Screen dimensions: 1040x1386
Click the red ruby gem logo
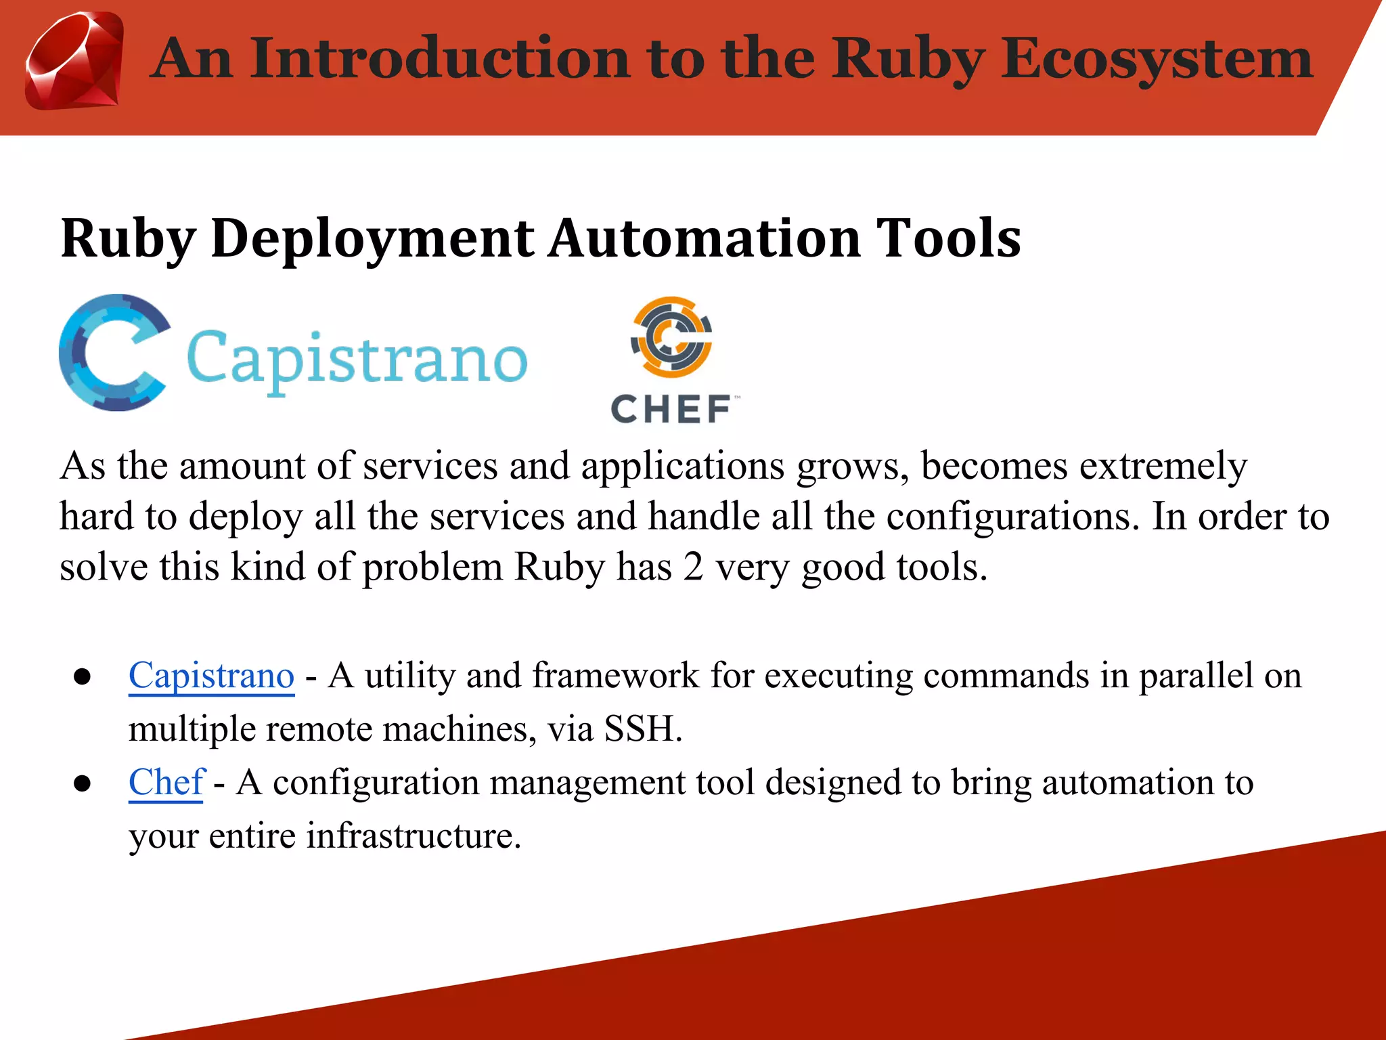[74, 61]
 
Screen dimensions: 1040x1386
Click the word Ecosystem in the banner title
[1157, 60]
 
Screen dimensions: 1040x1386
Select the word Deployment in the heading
[373, 240]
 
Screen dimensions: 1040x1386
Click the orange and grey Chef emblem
[671, 336]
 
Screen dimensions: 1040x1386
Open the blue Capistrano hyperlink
[211, 676]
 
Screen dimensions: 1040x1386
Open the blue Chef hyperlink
[166, 783]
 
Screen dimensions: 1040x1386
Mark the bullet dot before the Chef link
[83, 784]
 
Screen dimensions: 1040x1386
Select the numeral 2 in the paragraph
[693, 567]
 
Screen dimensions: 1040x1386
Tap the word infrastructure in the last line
[413, 836]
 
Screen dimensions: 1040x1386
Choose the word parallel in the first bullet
[1196, 676]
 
